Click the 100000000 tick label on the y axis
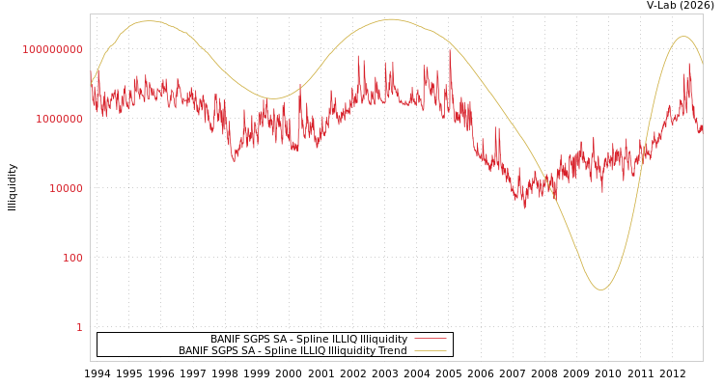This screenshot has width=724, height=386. [53, 49]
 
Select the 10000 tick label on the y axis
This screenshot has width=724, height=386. [67, 188]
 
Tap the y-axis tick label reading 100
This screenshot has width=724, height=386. [73, 258]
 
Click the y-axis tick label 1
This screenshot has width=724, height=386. [79, 327]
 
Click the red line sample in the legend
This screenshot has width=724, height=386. [431, 340]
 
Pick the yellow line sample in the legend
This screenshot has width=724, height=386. [431, 351]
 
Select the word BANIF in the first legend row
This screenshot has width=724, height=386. [226, 340]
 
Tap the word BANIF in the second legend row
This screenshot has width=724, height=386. [194, 351]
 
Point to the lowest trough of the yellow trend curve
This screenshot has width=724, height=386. [600, 289]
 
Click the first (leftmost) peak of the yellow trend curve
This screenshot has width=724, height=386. [150, 21]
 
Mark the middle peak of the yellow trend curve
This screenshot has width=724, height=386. [391, 19]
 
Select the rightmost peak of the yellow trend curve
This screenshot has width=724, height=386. [683, 37]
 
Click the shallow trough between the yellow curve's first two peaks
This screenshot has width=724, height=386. [274, 98]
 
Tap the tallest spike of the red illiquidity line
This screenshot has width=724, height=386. [450, 50]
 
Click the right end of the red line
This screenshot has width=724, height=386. [702, 126]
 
